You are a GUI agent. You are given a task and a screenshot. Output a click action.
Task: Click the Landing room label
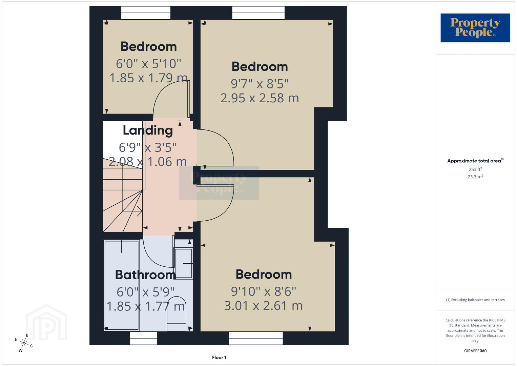[x=148, y=131]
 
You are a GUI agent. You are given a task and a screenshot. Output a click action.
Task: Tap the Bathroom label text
[x=145, y=275]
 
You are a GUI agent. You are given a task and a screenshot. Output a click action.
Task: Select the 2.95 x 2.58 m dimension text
[x=260, y=98]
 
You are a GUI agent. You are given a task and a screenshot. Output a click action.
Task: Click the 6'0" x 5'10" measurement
[x=148, y=63]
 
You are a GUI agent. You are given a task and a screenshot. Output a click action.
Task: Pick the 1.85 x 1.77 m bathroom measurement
[x=146, y=306]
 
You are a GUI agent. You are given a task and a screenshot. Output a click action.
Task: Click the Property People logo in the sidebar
[x=475, y=28]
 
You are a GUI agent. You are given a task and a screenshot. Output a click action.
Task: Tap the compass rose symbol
[x=23, y=343]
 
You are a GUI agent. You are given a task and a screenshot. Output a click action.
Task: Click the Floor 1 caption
[x=219, y=358]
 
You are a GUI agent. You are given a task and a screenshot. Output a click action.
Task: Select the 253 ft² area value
[x=475, y=169]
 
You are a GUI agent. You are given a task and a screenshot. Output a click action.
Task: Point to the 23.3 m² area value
[x=475, y=177]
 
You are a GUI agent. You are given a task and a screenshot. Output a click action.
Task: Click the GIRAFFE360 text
[x=475, y=351]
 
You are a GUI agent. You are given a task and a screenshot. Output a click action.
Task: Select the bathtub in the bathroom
[x=122, y=285]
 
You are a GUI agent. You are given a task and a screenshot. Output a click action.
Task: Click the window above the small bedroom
[x=146, y=13]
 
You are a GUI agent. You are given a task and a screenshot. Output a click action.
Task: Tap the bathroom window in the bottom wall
[x=144, y=338]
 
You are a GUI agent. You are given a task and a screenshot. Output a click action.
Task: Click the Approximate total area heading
[x=475, y=161]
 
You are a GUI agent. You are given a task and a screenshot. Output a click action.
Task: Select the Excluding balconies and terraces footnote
[x=475, y=300]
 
